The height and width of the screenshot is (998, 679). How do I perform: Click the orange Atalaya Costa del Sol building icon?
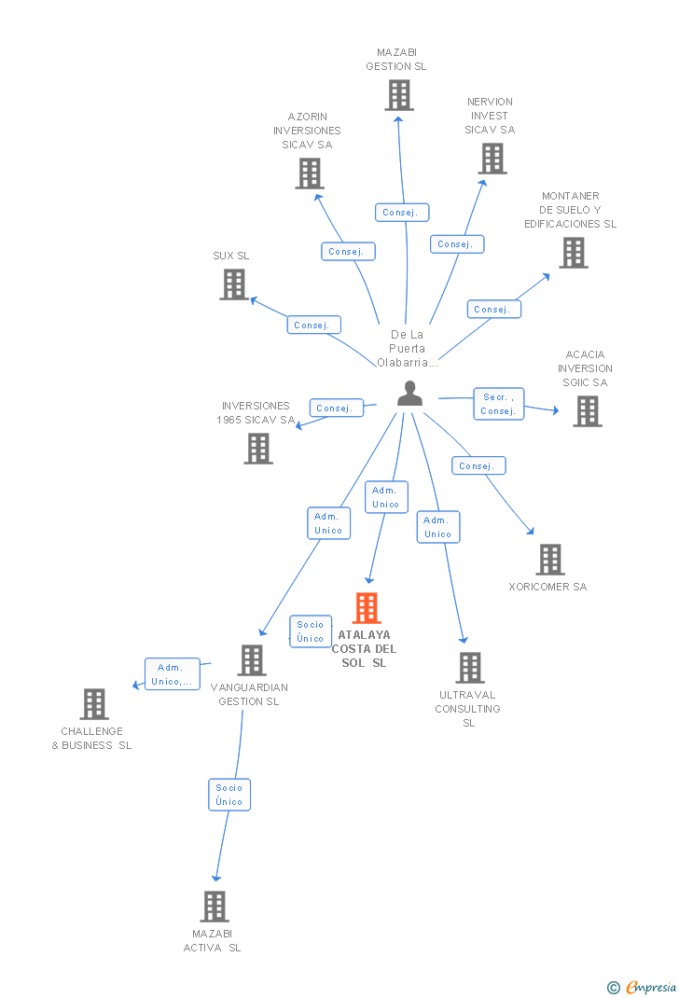[367, 608]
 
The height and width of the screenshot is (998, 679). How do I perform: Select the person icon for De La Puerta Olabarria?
[409, 395]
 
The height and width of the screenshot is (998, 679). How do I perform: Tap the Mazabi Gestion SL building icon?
[399, 95]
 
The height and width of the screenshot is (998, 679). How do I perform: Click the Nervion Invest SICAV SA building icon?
[492, 159]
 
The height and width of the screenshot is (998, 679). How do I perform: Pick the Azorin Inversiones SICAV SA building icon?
[310, 173]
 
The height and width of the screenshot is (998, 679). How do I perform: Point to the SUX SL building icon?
[234, 284]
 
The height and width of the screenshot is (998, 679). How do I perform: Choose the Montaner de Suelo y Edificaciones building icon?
[574, 253]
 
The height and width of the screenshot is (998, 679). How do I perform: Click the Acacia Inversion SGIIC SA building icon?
[587, 411]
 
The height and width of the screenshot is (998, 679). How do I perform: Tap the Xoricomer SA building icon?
[550, 560]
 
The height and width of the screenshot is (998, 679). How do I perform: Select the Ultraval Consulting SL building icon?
[470, 668]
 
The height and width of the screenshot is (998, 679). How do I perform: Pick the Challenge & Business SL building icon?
[94, 704]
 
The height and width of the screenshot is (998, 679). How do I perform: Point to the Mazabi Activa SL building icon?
[215, 907]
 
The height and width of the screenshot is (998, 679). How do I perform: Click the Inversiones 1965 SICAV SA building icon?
[258, 449]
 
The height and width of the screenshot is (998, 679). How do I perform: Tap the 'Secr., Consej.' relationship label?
[498, 404]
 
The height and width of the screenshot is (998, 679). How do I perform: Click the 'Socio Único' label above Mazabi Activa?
[229, 795]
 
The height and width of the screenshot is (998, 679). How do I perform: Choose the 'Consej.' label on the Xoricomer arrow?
[478, 465]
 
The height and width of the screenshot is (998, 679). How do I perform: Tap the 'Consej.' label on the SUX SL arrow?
[313, 325]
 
